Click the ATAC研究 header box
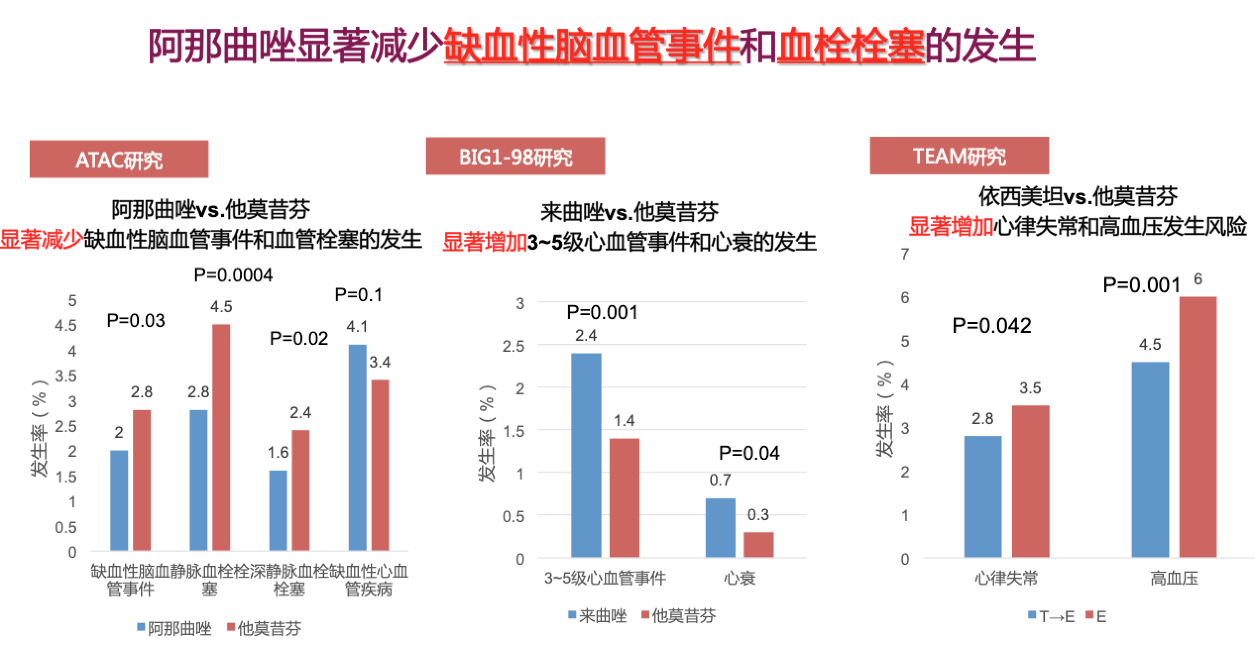pyautogui.click(x=119, y=159)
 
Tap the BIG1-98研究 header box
pyautogui.click(x=515, y=157)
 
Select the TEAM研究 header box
pyautogui.click(x=959, y=156)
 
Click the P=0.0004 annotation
pyautogui.click(x=233, y=275)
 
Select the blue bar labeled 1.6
pyautogui.click(x=278, y=510)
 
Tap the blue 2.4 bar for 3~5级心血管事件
pyautogui.click(x=586, y=455)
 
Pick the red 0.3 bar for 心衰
pyautogui.click(x=758, y=544)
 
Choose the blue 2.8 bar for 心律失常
pyautogui.click(x=983, y=496)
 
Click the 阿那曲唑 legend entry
pyautogui.click(x=174, y=629)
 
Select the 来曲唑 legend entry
pyautogui.click(x=598, y=616)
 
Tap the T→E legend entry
pyautogui.click(x=1051, y=617)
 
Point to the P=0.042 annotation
pyautogui.click(x=992, y=325)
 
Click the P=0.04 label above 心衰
pyautogui.click(x=749, y=453)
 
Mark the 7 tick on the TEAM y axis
pyautogui.click(x=905, y=254)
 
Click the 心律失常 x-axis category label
pyautogui.click(x=1006, y=578)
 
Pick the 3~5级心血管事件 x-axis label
pyautogui.click(x=605, y=578)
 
